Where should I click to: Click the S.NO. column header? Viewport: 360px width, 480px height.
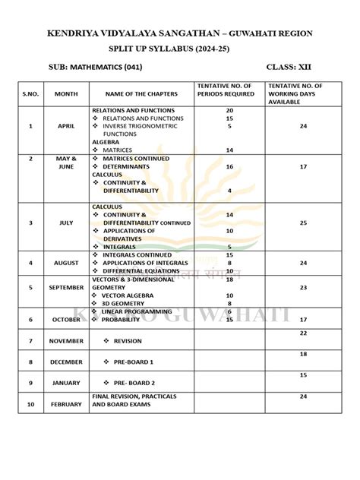(x=30, y=93)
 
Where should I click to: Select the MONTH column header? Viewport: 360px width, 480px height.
(x=65, y=93)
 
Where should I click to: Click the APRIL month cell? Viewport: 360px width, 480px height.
(x=66, y=126)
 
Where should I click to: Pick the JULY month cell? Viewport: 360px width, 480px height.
(x=66, y=223)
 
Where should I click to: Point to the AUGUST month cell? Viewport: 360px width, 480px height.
(x=66, y=263)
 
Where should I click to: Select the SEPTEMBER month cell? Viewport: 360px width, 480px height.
(x=66, y=289)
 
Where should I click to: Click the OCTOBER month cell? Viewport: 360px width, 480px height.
(x=66, y=320)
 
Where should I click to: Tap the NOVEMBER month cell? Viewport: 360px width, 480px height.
(x=66, y=341)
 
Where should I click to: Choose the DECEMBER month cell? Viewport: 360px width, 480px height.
(x=66, y=362)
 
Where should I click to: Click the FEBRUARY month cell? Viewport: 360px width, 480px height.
(x=66, y=405)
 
